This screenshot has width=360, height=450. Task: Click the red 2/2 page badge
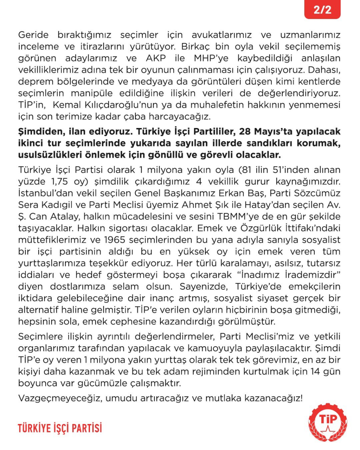coord(322,9)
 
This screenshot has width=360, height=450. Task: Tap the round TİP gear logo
coord(328,422)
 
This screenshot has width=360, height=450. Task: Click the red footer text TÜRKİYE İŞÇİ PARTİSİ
coord(60,428)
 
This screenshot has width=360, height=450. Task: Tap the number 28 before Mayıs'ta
coord(245,131)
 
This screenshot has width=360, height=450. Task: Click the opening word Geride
coord(33,35)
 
